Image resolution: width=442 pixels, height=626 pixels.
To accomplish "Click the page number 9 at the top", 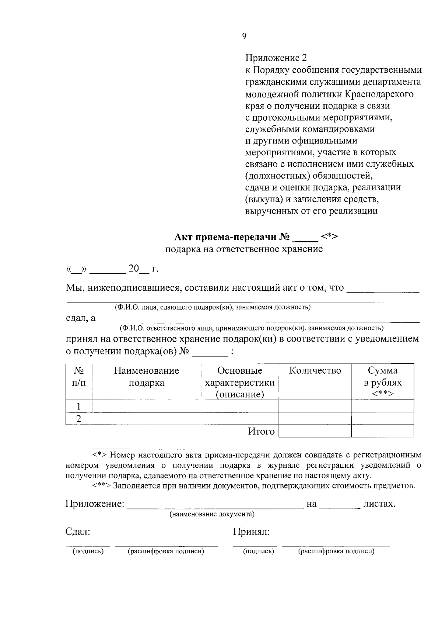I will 244,36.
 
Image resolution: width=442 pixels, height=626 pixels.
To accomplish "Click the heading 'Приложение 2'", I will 276,58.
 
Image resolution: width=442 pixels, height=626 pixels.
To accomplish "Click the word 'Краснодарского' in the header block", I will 379,94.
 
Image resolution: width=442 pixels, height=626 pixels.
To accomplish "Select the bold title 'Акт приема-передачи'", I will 227,237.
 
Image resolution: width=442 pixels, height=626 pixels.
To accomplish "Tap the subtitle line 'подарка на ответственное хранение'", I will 243,249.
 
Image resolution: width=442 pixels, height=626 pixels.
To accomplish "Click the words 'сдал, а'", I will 80,318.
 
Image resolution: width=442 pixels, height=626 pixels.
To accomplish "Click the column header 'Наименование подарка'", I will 146,377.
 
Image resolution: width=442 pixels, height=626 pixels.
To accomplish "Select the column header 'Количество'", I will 315,371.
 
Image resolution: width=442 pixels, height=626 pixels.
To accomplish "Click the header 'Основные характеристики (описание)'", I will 239,383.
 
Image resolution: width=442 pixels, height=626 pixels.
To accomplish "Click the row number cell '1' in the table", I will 78,406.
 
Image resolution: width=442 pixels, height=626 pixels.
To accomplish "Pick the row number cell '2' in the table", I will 78,419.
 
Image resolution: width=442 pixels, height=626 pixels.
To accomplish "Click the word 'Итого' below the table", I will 261,431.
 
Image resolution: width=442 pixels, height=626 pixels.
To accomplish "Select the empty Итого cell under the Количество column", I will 315,431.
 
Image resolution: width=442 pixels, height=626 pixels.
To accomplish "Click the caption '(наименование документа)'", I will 212,514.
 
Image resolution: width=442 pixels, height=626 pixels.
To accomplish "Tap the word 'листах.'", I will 379,504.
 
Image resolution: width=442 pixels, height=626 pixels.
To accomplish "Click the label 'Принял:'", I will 251,532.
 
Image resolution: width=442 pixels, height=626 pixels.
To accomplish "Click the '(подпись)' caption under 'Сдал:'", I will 88,551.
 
